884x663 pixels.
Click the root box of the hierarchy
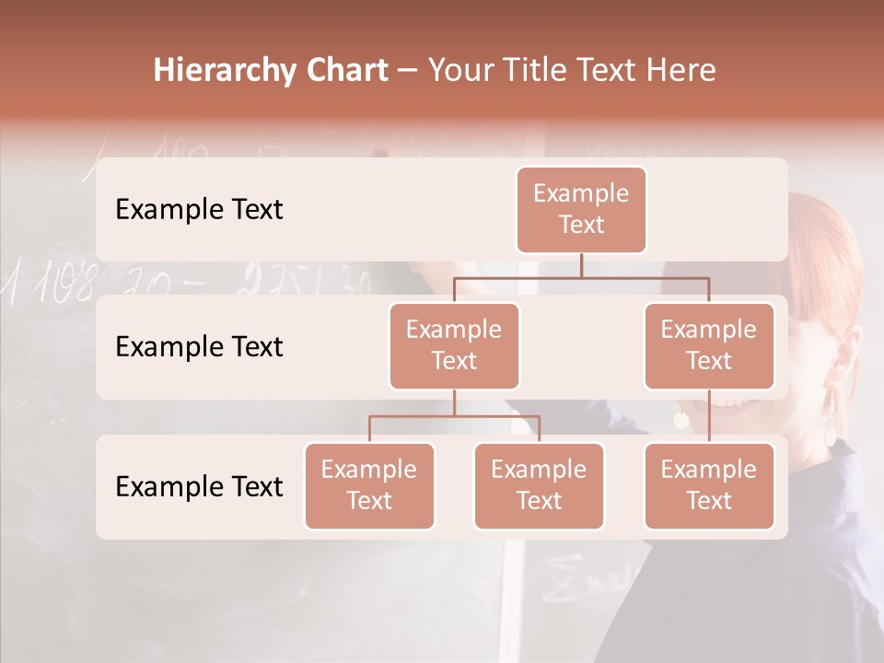581,209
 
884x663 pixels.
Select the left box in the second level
454,345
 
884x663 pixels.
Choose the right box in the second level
709,345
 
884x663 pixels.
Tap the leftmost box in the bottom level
369,485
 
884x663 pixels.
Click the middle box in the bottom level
539,485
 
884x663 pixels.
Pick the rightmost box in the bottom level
709,485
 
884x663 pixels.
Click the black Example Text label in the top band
199,209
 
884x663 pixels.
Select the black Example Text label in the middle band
199,346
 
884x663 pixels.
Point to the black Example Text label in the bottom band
199,486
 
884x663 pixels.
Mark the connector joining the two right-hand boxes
709,416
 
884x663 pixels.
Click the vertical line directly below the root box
581,265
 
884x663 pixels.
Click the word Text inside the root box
581,225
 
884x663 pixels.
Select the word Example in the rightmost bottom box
709,470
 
